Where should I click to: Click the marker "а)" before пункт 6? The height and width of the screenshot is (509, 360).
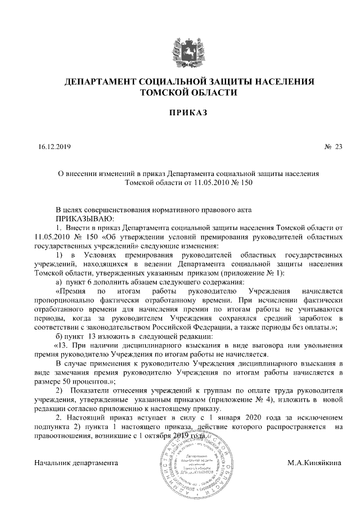[x=58, y=282]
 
